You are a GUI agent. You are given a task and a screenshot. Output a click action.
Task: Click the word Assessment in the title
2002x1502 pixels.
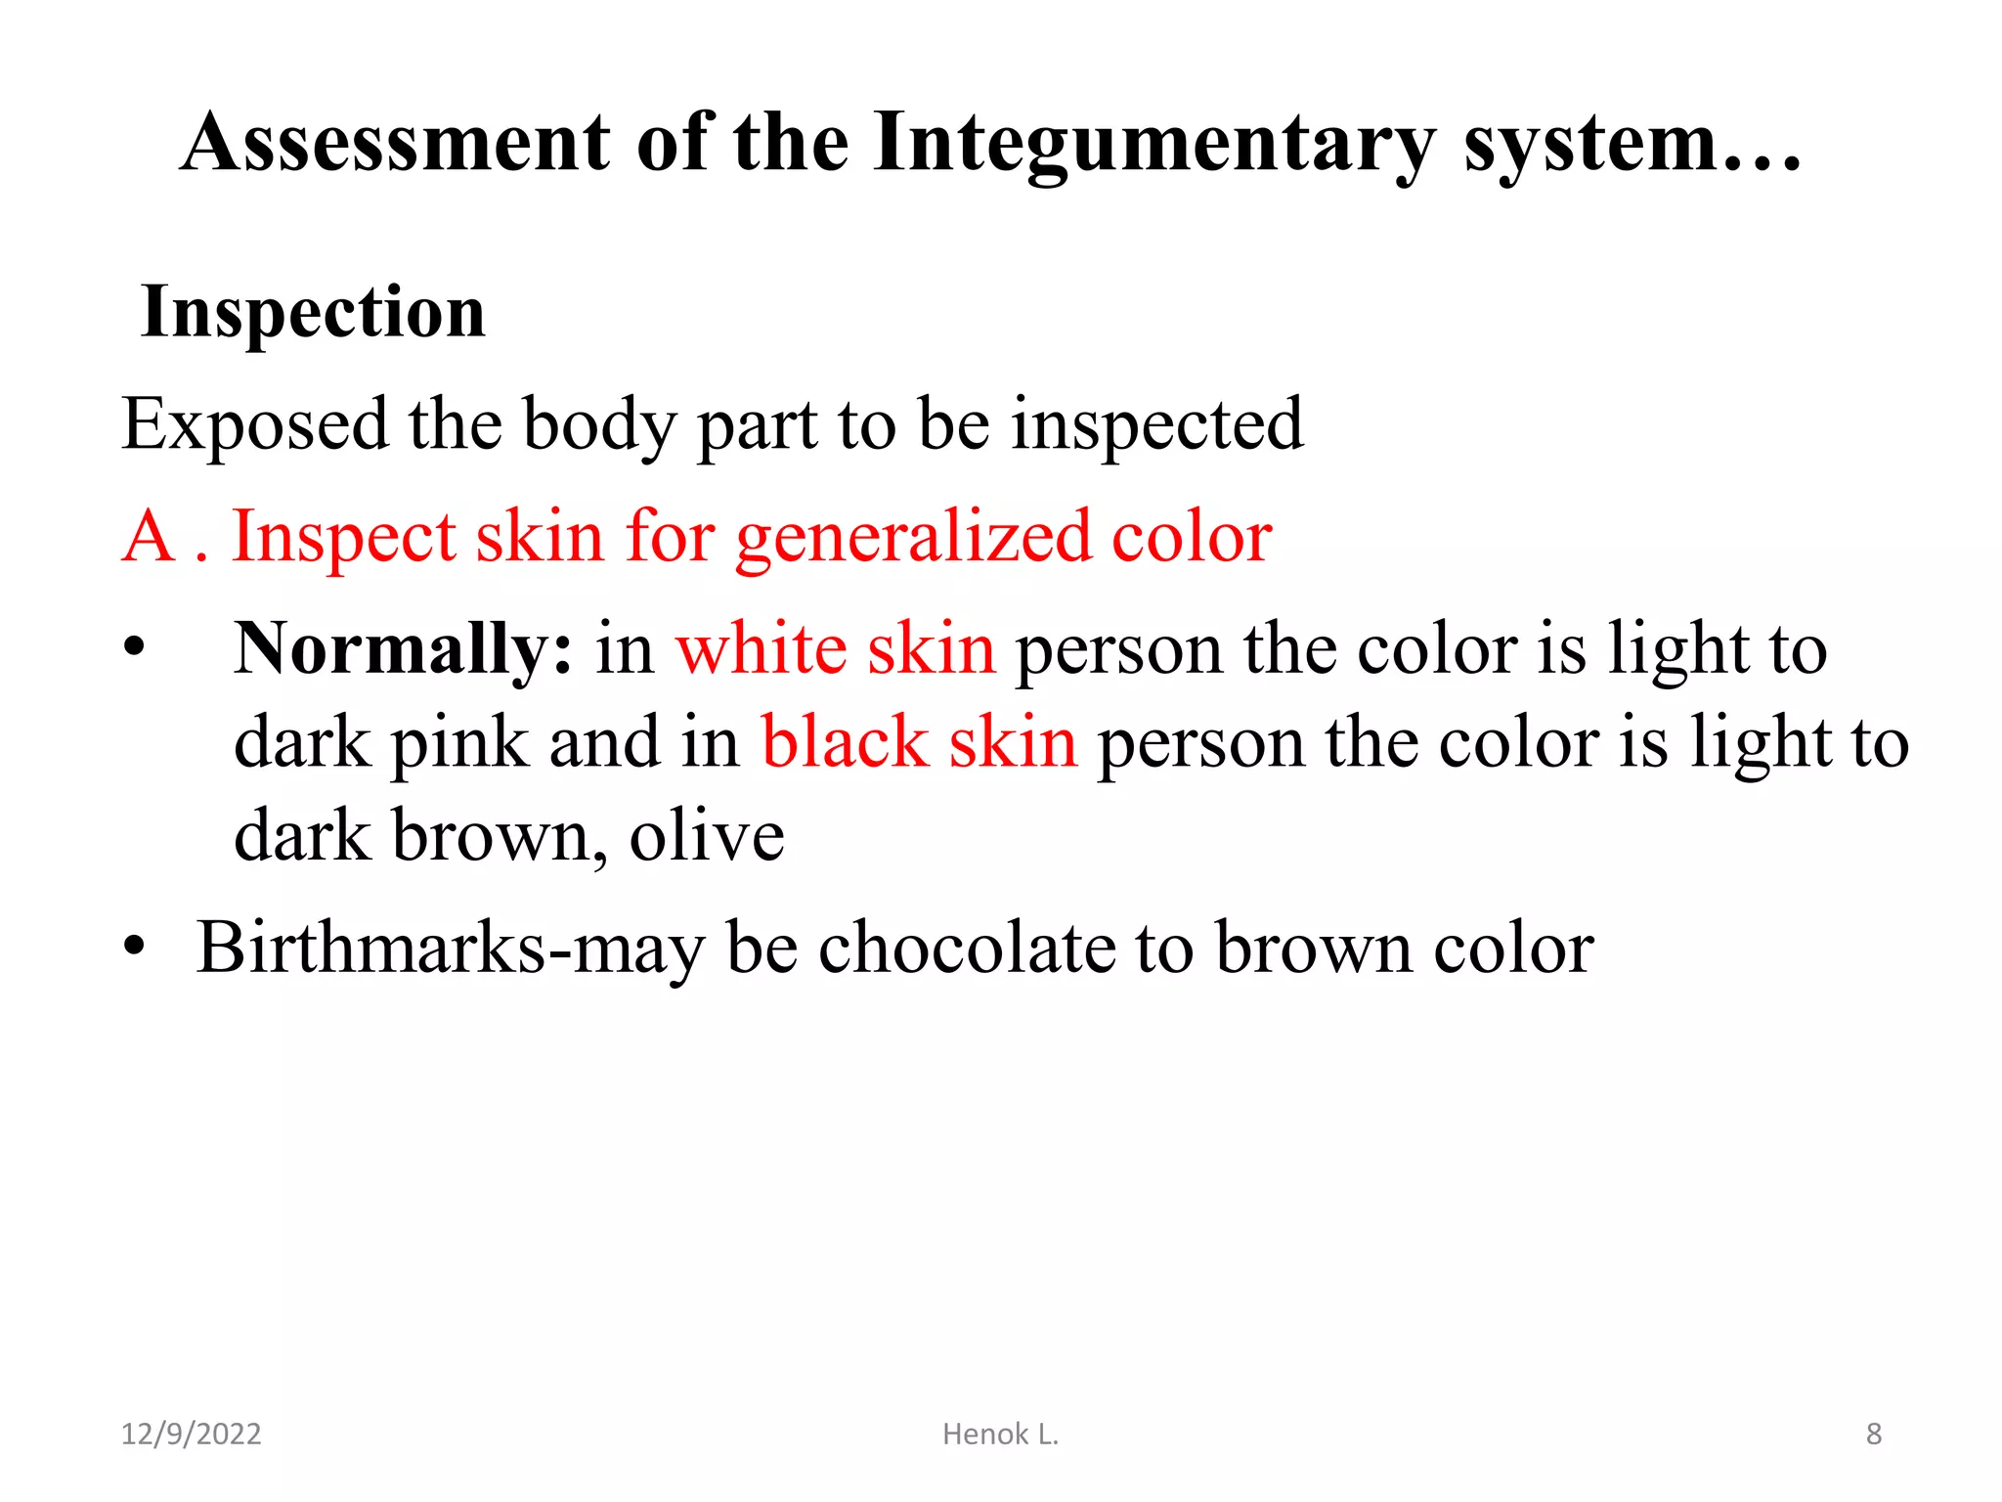396,143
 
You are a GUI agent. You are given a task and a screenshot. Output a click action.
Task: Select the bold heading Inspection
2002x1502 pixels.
313,312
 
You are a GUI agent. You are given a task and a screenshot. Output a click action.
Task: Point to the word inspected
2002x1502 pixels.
1157,425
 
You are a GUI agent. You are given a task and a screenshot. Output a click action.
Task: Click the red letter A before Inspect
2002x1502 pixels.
149,537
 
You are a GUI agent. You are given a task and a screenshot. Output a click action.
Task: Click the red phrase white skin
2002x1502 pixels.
836,649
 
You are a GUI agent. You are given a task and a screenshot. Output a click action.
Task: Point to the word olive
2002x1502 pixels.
707,836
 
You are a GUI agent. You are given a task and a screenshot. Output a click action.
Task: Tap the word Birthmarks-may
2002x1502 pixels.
450,949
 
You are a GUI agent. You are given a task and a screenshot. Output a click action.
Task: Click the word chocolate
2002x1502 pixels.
966,948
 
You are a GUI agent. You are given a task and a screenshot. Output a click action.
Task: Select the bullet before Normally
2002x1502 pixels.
134,648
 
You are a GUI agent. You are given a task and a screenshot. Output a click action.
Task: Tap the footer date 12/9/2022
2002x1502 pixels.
191,1434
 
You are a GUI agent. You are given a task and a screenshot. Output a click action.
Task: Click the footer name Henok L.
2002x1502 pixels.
1000,1434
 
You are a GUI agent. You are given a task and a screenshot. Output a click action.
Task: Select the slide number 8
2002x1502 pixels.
1873,1434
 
